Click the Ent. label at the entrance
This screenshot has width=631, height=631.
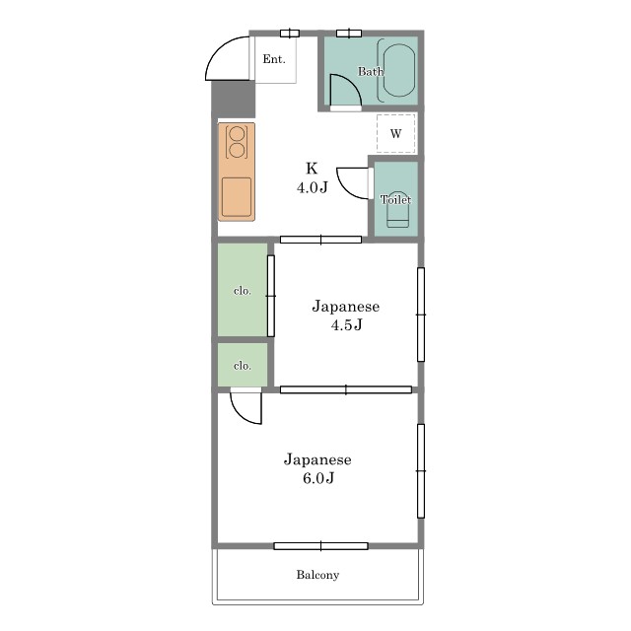point(274,59)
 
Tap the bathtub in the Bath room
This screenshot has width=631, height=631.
point(398,70)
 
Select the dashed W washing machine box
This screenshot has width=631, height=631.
point(396,134)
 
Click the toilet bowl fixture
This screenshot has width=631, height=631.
point(398,209)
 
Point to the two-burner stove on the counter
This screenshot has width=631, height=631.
point(237,142)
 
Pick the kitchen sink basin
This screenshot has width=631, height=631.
point(237,197)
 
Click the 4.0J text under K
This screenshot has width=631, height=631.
point(313,187)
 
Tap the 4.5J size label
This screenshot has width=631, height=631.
point(346,324)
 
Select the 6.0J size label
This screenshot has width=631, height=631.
point(318,477)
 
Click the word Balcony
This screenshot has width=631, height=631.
point(317,575)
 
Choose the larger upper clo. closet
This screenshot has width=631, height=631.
point(243,289)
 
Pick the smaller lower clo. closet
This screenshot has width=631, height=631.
point(243,365)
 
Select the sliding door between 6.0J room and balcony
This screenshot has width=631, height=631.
point(320,546)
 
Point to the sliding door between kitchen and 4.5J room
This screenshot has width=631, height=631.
point(320,240)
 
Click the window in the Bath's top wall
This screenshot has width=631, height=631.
point(349,33)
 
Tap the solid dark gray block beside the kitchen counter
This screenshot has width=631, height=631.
point(234,99)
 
